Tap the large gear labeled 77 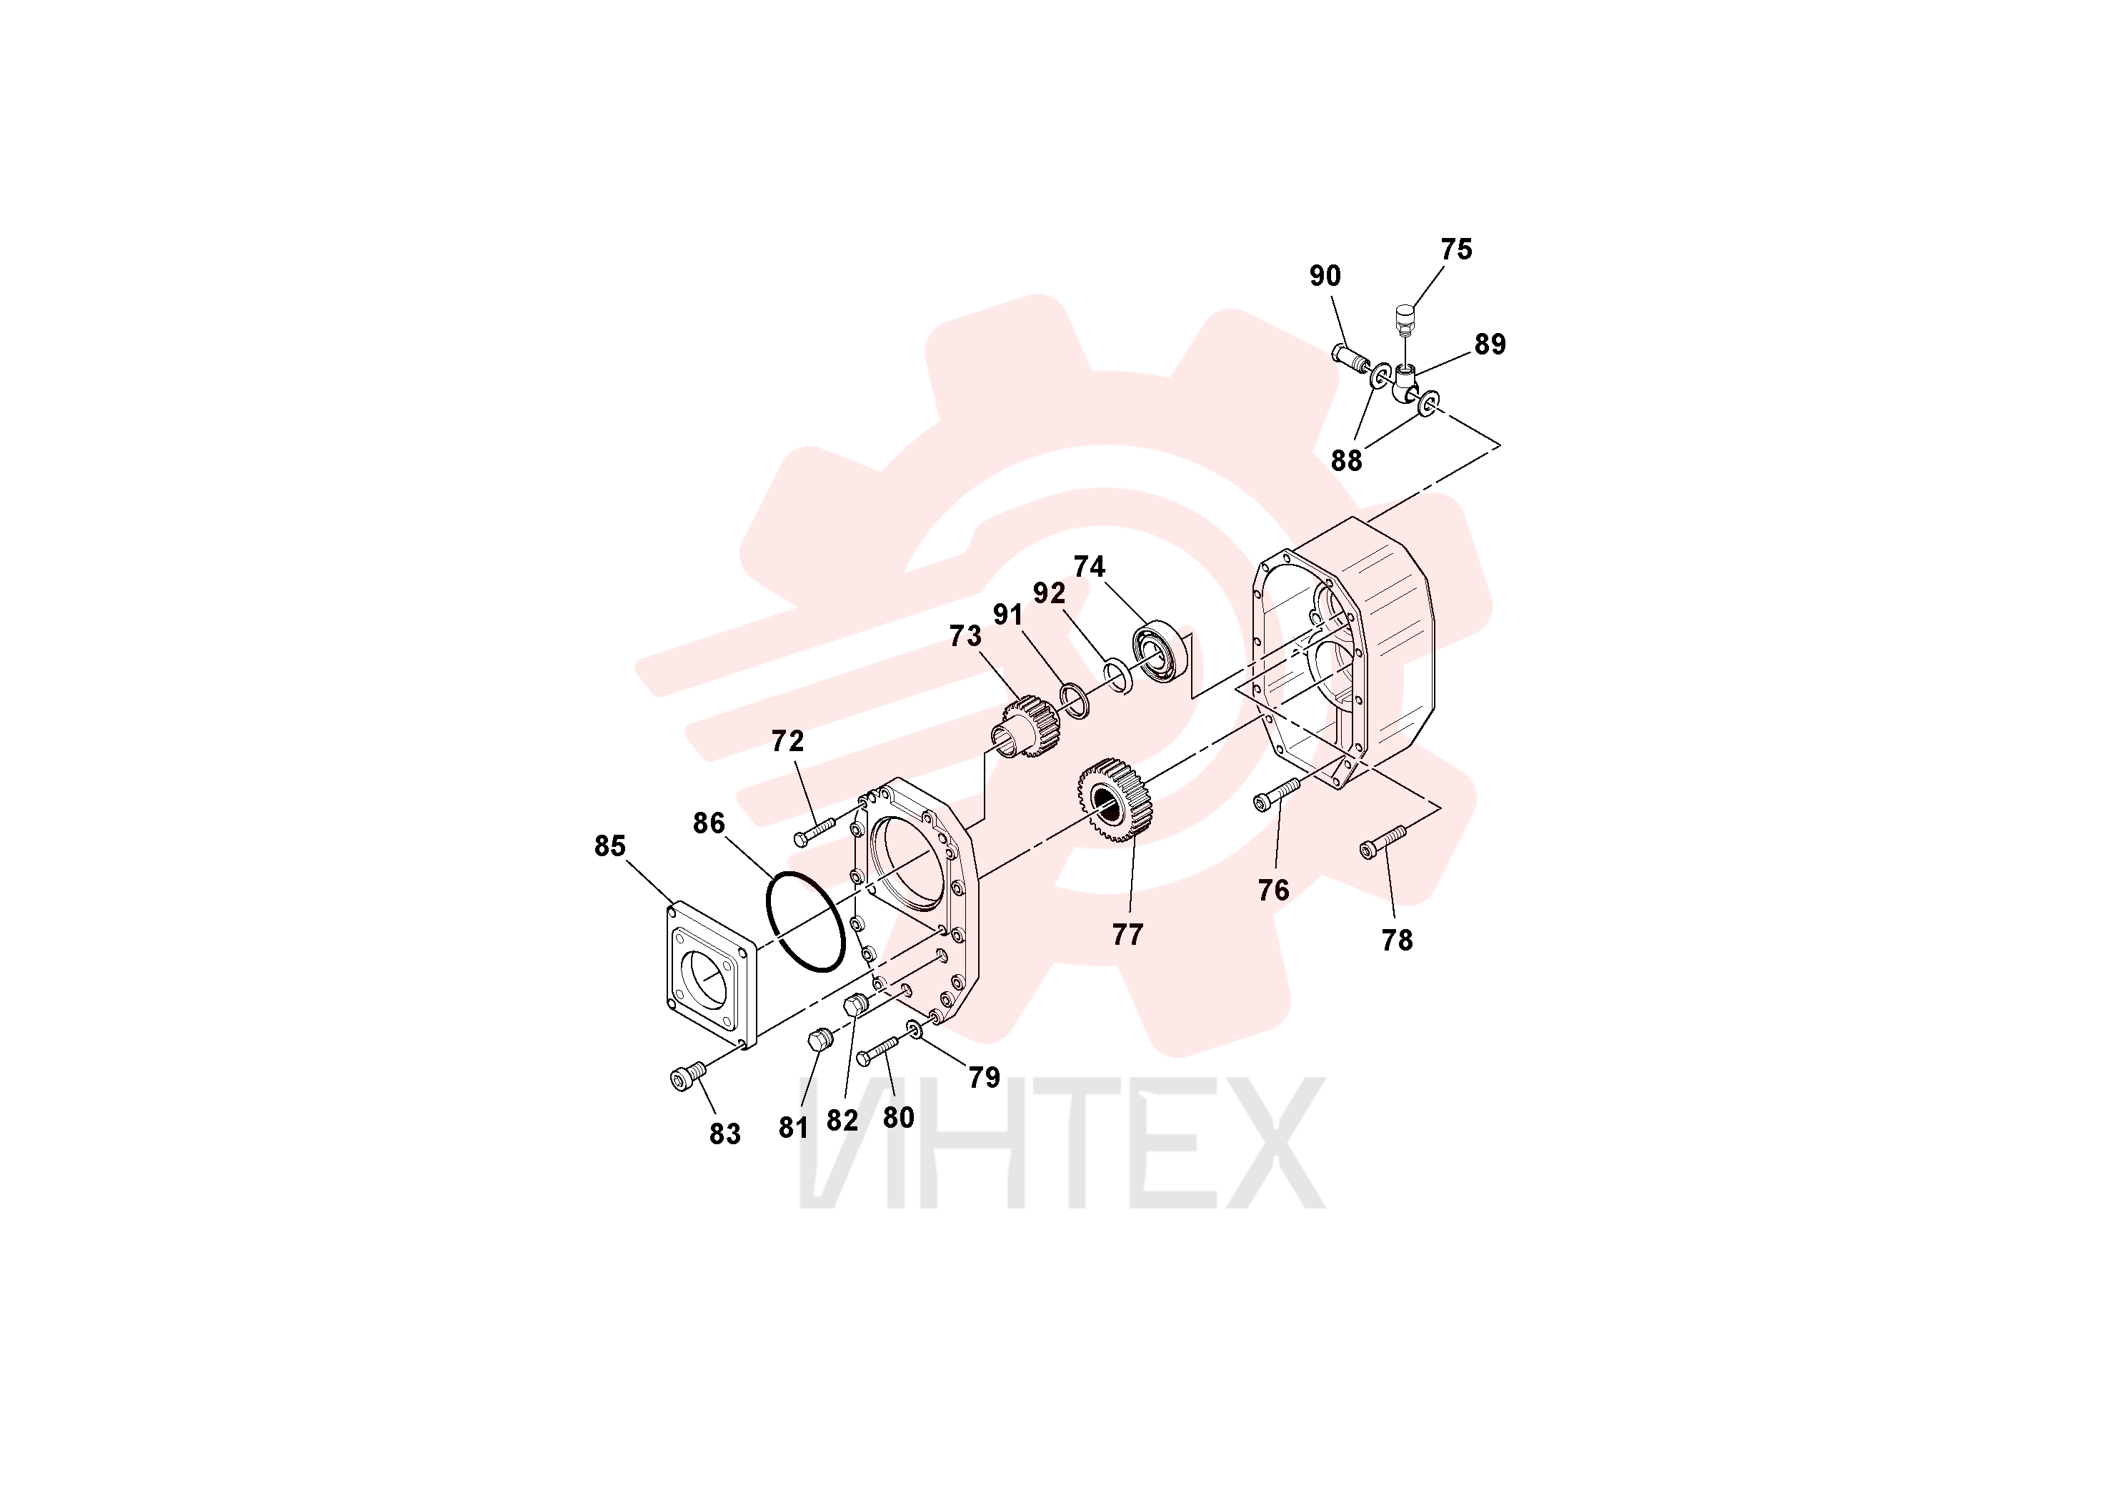(1115, 799)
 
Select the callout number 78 (1396, 941)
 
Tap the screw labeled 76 (1277, 794)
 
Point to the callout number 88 (1346, 460)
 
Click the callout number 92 (1049, 593)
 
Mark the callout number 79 (984, 1077)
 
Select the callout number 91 (1008, 615)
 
